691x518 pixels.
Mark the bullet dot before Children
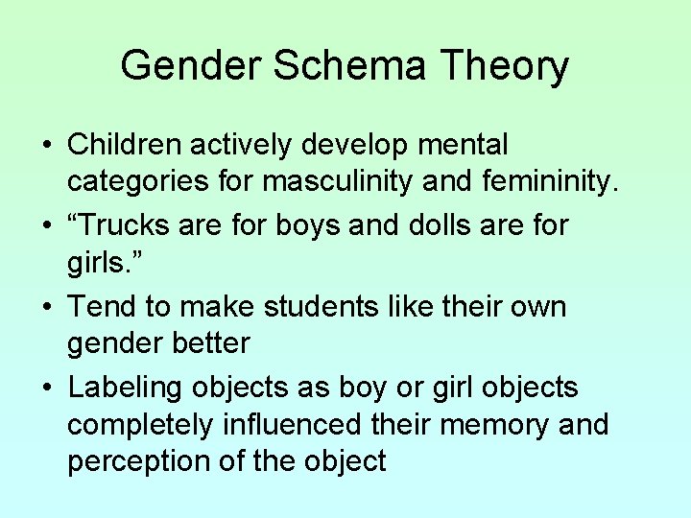(47, 147)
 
